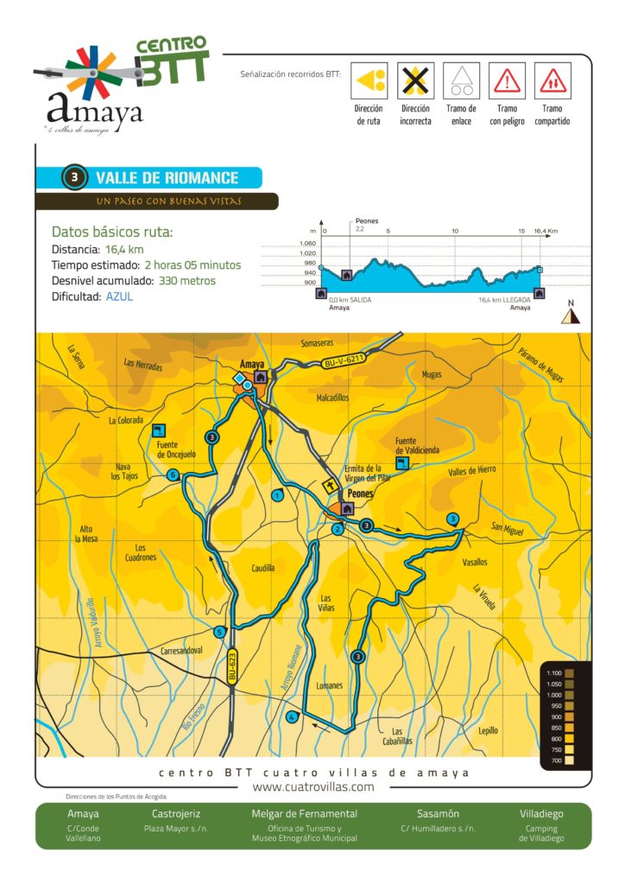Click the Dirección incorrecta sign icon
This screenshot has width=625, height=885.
[x=415, y=81]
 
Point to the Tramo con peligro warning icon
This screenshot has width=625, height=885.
[x=507, y=81]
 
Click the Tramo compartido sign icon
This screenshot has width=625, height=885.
[x=552, y=81]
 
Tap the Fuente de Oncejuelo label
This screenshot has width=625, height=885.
[x=178, y=449]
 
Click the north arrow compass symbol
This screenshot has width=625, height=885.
[x=570, y=315]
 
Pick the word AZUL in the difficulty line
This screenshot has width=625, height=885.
[x=120, y=296]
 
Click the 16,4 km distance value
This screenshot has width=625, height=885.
[x=124, y=250]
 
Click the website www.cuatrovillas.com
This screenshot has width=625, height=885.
[x=312, y=787]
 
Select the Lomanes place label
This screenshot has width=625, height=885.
[x=329, y=686]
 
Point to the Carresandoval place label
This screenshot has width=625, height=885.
[x=181, y=650]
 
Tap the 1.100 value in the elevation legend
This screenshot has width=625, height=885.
[x=553, y=672]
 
